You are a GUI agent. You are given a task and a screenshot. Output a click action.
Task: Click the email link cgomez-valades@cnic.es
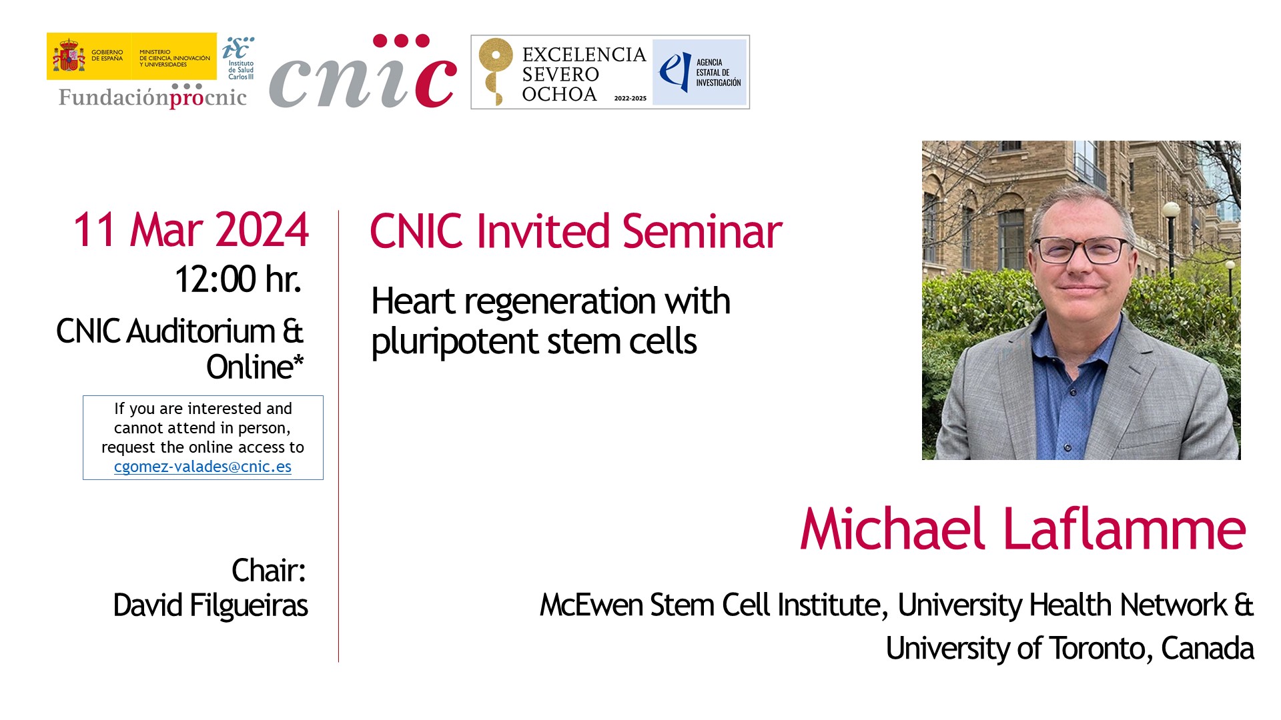(203, 467)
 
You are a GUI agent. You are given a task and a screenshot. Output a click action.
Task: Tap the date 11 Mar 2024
(191, 230)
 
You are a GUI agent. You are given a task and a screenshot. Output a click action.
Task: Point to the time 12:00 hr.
(238, 279)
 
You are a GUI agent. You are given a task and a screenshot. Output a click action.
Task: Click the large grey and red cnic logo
(363, 71)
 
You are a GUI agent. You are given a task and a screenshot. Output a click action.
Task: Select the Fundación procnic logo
(153, 96)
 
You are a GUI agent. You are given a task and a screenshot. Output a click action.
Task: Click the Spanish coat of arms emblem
(69, 56)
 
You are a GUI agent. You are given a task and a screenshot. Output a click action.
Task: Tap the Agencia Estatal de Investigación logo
(699, 72)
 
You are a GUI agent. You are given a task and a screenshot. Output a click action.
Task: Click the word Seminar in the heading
(702, 231)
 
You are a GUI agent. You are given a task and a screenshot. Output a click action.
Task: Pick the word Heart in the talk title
(413, 301)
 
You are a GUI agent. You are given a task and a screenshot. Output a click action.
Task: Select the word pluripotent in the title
(455, 343)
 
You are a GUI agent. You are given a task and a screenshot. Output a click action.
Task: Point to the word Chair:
(269, 571)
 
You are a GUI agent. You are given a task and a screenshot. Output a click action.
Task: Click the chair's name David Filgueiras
(211, 606)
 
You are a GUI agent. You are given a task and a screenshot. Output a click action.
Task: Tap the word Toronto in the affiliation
(1101, 648)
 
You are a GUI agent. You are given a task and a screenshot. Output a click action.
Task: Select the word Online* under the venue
(255, 367)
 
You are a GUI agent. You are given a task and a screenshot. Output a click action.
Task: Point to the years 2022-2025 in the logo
(630, 98)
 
